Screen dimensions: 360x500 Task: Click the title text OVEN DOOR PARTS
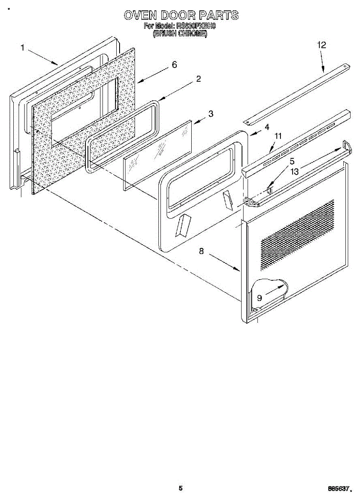tap(181, 15)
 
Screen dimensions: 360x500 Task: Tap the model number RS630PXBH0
tap(196, 26)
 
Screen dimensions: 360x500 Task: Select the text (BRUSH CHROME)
tap(180, 33)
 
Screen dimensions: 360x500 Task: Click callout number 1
tap(23, 47)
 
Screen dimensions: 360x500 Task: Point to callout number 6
tap(174, 65)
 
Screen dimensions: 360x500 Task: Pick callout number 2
tap(199, 79)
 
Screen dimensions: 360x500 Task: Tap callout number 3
tap(211, 114)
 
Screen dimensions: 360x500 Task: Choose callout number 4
tap(267, 127)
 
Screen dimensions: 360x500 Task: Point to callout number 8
tap(201, 251)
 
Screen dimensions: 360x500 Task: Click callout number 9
tap(259, 297)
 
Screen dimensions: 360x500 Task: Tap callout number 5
tap(292, 160)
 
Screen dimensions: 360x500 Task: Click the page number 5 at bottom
tap(180, 488)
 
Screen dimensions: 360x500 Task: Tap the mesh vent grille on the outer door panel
tap(297, 233)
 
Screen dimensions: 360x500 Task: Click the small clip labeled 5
tap(269, 190)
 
